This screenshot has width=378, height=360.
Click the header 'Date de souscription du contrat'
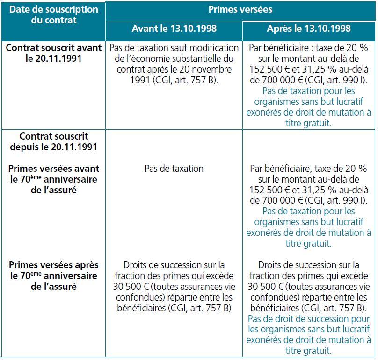(x=54, y=15)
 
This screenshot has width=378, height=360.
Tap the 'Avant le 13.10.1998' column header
(x=174, y=29)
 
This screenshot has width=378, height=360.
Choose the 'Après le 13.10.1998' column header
(x=309, y=29)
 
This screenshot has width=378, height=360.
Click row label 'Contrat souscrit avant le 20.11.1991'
(x=54, y=53)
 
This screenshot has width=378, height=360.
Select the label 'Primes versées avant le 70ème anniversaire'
(x=54, y=179)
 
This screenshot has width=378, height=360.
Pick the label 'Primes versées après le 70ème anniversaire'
(x=54, y=276)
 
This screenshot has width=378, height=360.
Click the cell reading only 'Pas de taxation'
(x=174, y=169)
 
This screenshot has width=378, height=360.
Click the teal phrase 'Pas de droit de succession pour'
(x=309, y=319)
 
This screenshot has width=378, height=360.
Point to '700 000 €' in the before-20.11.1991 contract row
(x=279, y=81)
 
